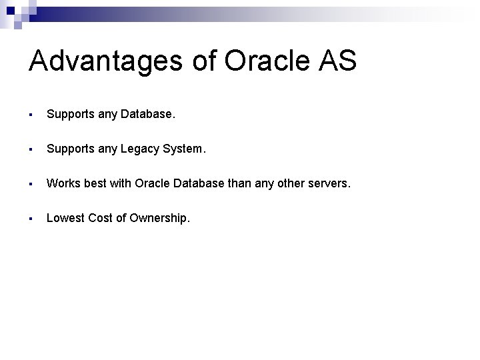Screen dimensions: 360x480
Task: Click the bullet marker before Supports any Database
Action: pos(32,115)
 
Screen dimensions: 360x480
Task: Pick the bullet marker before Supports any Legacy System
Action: pos(32,149)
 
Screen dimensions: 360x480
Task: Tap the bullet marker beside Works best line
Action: pos(32,183)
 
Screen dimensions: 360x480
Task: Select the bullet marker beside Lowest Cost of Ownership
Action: pos(32,217)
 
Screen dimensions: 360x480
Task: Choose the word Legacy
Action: pos(140,149)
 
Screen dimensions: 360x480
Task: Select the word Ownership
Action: pos(159,217)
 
